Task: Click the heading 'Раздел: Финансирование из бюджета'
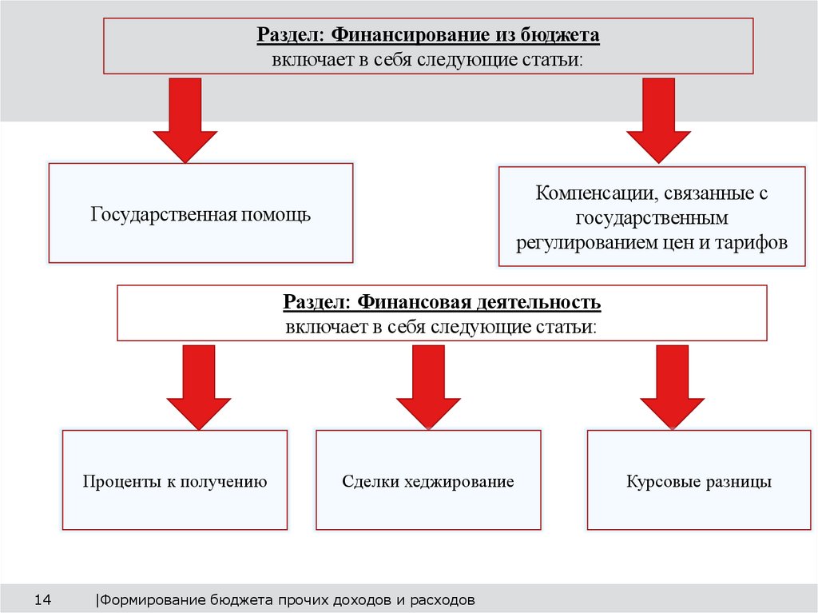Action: click(427, 35)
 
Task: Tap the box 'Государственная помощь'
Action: click(201, 214)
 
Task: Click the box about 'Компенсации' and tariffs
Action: click(652, 217)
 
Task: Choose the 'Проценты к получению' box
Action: click(174, 481)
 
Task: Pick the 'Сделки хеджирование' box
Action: click(427, 481)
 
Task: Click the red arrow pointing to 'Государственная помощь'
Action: click(185, 120)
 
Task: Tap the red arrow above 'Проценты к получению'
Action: click(198, 388)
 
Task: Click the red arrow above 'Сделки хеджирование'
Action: click(428, 388)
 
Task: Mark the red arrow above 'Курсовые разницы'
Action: click(672, 388)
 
